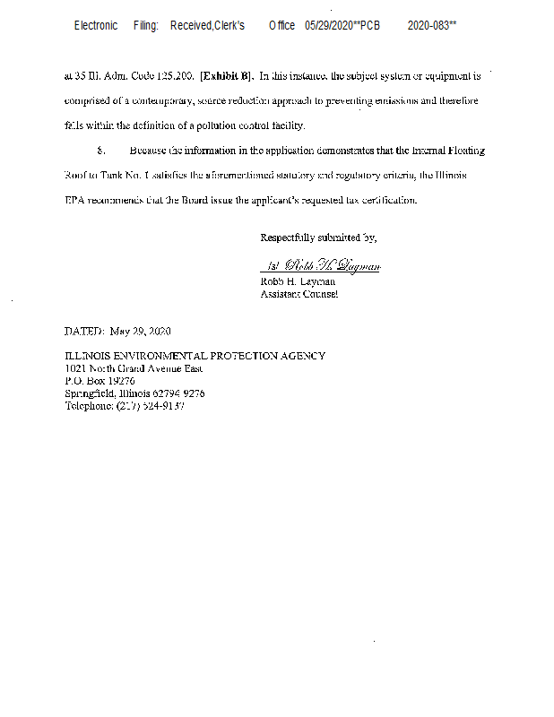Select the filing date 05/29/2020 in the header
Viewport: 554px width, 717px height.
329,26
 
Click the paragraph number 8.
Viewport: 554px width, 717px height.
100,151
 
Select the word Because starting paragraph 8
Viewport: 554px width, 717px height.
148,151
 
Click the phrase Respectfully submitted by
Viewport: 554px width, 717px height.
318,238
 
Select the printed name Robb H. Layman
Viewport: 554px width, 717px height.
298,281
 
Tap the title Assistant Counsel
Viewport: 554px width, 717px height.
299,294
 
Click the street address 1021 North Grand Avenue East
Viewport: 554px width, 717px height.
134,368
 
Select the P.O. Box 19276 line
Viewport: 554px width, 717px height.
100,381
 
